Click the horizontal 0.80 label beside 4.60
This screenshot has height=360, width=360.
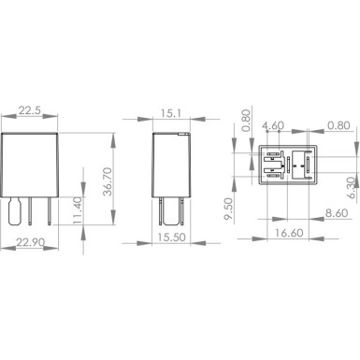click(x=338, y=123)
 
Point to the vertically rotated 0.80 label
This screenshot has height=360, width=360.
click(x=246, y=121)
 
